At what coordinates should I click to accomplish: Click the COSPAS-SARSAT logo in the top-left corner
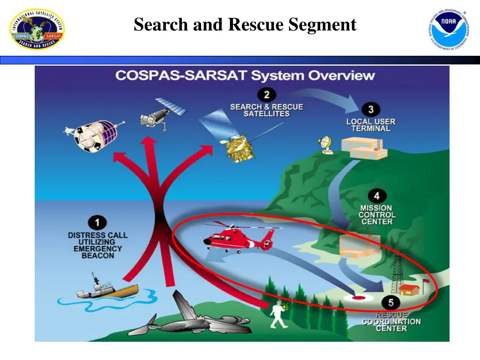coord(37,29)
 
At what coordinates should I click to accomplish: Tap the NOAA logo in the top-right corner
coord(449,29)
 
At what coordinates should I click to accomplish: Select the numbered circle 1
coord(97,223)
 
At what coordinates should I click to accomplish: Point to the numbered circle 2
coord(266,95)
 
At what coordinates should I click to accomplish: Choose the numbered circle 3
coord(371,110)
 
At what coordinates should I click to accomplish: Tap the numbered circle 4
coord(376,196)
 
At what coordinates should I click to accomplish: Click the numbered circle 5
coord(390,302)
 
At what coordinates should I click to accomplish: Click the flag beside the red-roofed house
coord(425,283)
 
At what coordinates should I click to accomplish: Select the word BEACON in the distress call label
coord(97,256)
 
